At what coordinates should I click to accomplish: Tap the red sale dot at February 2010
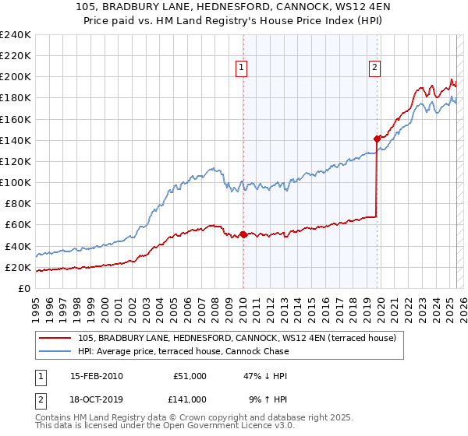(x=243, y=234)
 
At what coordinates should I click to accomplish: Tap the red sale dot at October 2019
(x=377, y=139)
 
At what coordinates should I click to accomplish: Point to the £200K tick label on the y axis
(x=15, y=77)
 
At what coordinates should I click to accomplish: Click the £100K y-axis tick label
(x=15, y=182)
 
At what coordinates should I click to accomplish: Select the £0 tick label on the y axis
(x=23, y=288)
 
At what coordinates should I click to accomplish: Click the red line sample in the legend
(x=55, y=337)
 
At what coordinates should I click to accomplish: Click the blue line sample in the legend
(x=55, y=351)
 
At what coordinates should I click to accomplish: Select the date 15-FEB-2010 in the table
(x=96, y=375)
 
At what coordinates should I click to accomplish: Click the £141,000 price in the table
(x=190, y=399)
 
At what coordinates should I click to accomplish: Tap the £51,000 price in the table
(x=190, y=375)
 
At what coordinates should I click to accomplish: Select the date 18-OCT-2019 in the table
(x=96, y=399)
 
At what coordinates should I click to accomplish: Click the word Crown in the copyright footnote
(x=191, y=418)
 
